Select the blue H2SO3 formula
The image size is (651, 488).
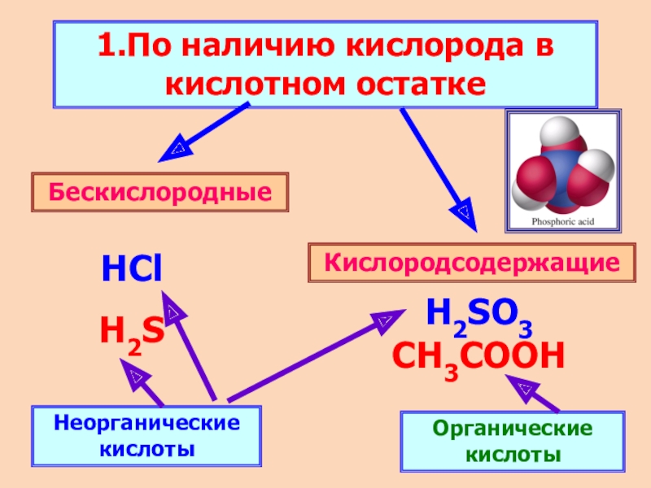pos(479,313)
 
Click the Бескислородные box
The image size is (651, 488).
pos(160,193)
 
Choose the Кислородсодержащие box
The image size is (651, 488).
pos(472,263)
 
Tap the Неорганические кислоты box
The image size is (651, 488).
pos(147,437)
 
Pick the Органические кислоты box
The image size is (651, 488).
pos(512,441)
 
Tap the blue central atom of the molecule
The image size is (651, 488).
pos(561,167)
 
